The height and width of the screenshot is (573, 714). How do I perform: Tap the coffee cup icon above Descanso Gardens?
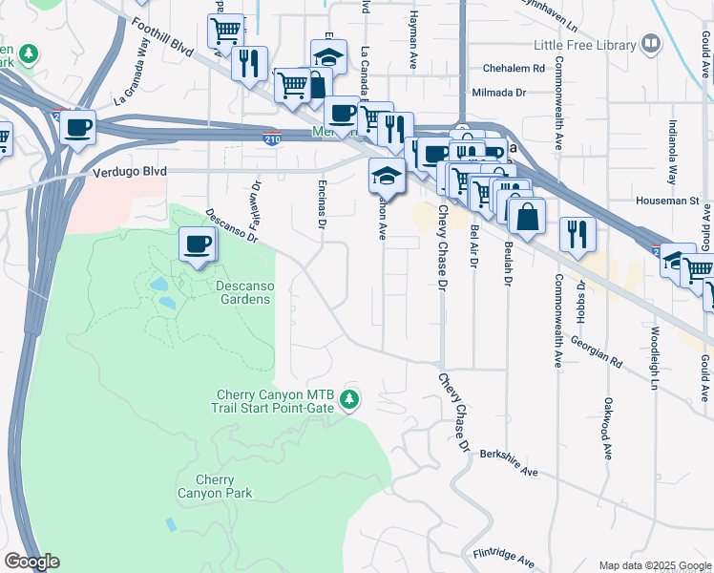[x=198, y=244]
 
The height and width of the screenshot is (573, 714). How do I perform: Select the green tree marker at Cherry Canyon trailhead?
[x=350, y=399]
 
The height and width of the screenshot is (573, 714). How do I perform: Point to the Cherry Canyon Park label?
[x=215, y=486]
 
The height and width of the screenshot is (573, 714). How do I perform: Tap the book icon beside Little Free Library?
[x=650, y=43]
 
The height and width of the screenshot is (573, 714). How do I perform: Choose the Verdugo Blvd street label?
[x=131, y=171]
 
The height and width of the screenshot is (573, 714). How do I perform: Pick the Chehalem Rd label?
[x=514, y=69]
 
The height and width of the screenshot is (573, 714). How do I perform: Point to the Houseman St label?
[x=668, y=202]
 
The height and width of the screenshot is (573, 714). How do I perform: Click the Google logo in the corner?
[x=31, y=562]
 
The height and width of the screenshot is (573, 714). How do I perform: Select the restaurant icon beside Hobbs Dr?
[x=577, y=233]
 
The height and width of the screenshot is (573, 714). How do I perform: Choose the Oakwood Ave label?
[x=606, y=430]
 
